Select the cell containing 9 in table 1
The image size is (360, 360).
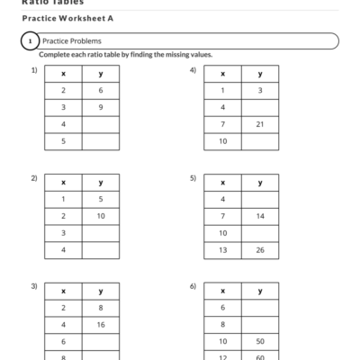[x=100, y=107]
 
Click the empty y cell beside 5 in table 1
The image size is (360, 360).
[x=100, y=141]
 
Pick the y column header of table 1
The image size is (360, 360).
[x=100, y=74]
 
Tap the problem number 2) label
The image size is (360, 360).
[x=34, y=177]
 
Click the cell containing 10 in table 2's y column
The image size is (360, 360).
[x=100, y=216]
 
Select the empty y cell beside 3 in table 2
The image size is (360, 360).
[x=100, y=233]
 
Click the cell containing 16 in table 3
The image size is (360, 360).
[x=100, y=325]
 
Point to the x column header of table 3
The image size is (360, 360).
[x=63, y=291]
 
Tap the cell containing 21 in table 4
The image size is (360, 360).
[x=260, y=124]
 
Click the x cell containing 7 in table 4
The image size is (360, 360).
[x=222, y=124]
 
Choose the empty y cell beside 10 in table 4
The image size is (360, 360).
[x=260, y=141]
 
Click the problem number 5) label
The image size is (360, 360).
[x=193, y=177]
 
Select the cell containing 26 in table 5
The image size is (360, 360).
[x=260, y=250]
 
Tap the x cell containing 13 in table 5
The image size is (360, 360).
[x=222, y=250]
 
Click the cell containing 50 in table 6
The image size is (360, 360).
[x=260, y=342]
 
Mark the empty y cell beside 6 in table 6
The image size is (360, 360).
[x=260, y=308]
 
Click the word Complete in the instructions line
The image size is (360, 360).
[x=56, y=54]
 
